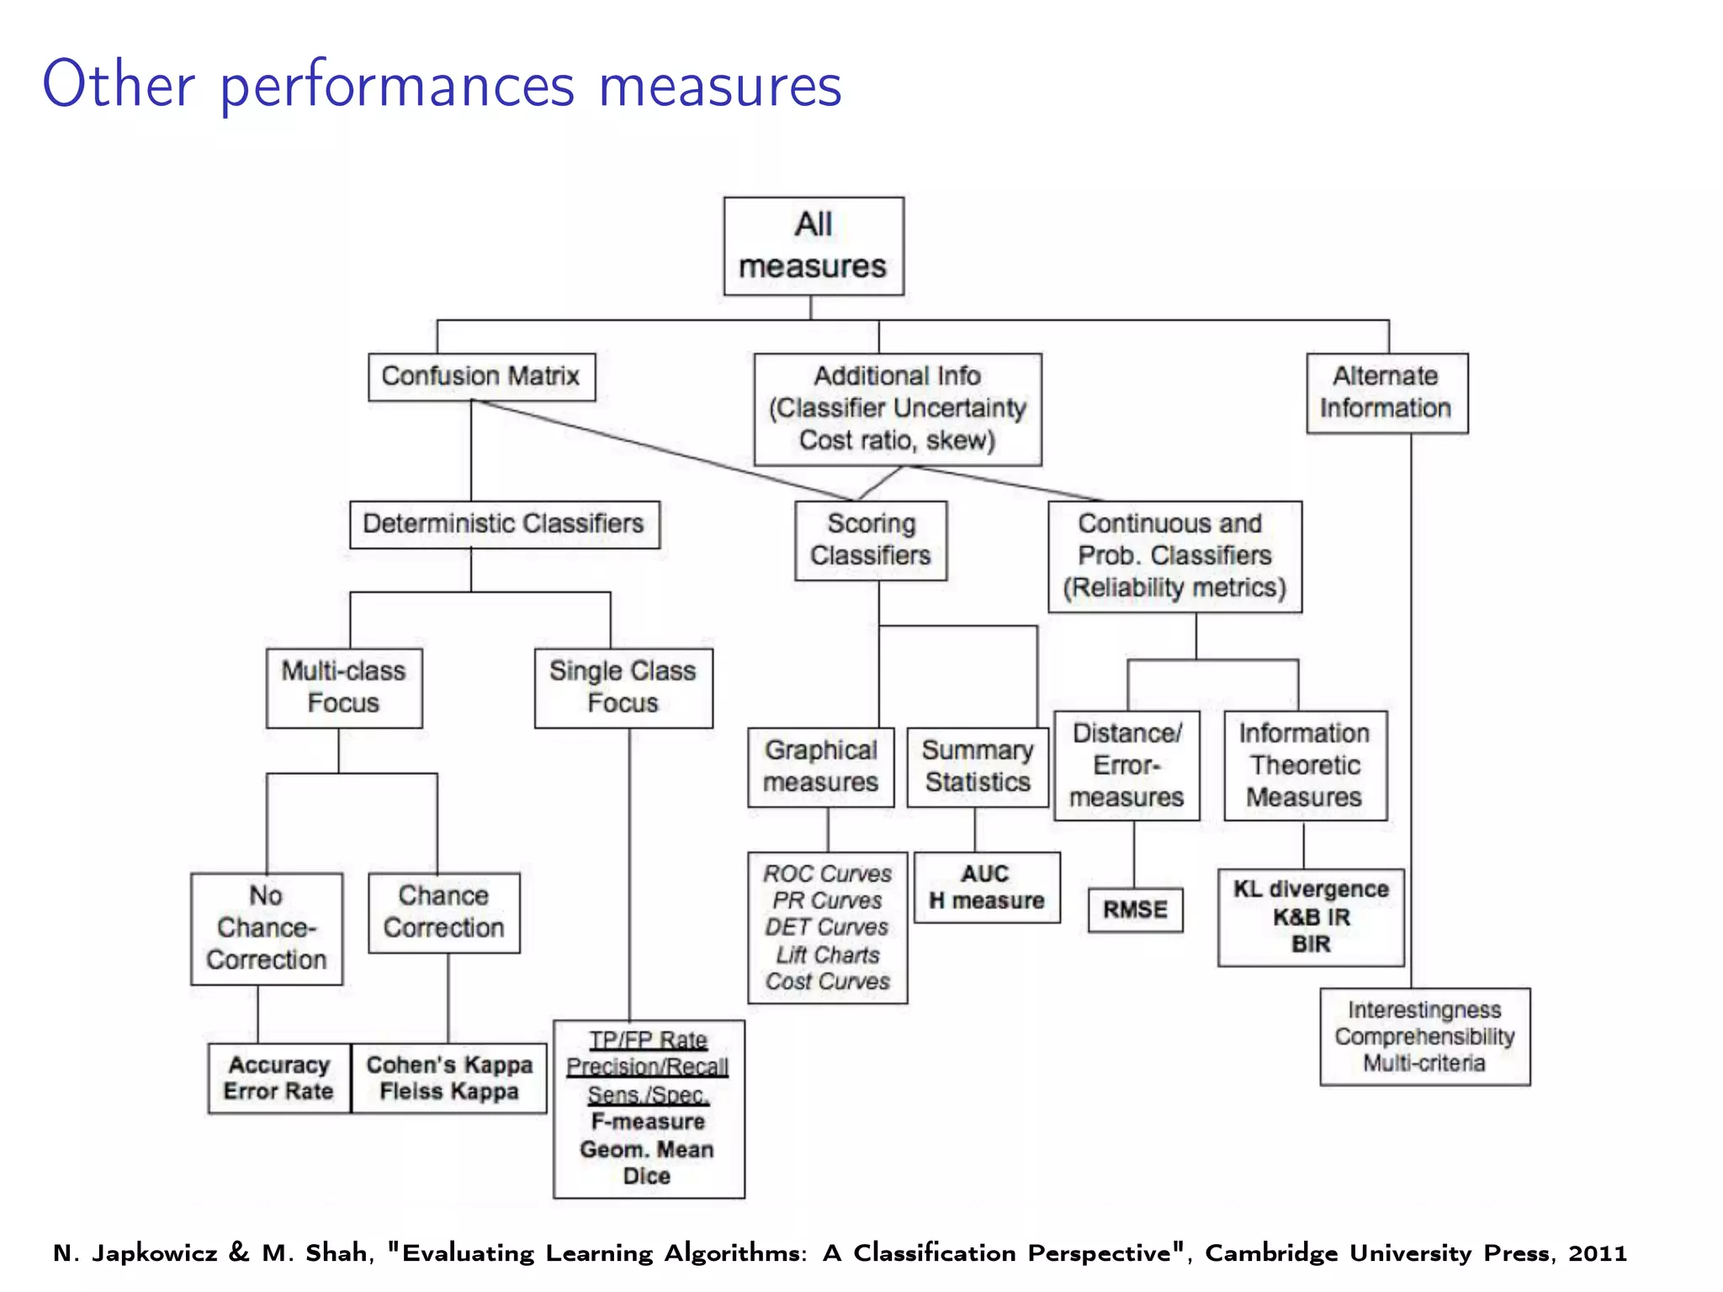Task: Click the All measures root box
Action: tap(814, 246)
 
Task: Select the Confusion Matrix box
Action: tap(481, 376)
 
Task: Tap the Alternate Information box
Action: tap(1386, 392)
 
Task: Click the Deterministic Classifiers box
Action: tap(504, 524)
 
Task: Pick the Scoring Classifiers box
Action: tap(871, 540)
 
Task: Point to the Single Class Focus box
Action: tap(623, 686)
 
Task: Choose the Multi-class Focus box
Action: tap(344, 686)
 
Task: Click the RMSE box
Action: tap(1135, 909)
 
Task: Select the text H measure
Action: tap(986, 901)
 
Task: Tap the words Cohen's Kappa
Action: tap(449, 1065)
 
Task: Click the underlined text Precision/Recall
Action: tap(647, 1067)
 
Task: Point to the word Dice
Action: tap(647, 1176)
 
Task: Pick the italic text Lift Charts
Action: tap(828, 955)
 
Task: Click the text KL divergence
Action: tap(1311, 889)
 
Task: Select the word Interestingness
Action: tap(1424, 1009)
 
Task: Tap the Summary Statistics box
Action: tap(978, 766)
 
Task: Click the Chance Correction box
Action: tap(443, 912)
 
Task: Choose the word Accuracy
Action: tap(279, 1065)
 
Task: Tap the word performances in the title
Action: tap(397, 87)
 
